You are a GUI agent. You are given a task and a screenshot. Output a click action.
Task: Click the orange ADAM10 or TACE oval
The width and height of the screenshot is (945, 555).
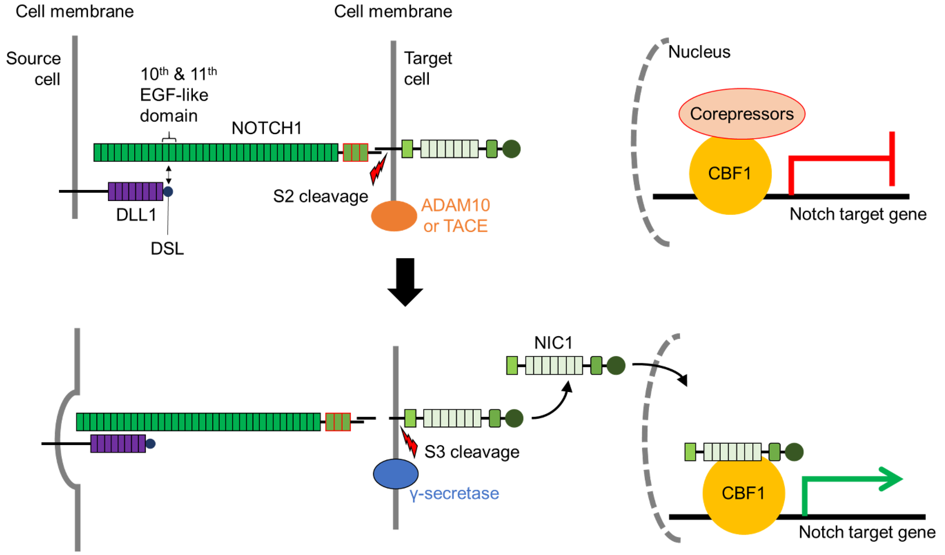point(394,216)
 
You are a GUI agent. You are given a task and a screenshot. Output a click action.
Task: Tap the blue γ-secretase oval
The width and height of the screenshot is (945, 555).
point(396,474)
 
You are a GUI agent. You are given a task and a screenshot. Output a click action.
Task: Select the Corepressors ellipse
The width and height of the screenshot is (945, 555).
point(741,114)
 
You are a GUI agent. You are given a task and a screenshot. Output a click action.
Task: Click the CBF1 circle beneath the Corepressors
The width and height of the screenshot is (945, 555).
point(730,174)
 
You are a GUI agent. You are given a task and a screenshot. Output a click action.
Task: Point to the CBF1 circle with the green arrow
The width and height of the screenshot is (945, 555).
point(743,494)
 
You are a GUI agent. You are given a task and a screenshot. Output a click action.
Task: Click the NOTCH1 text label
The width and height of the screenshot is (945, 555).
point(267,128)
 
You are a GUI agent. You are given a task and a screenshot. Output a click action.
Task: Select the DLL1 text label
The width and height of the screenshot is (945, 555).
point(136,215)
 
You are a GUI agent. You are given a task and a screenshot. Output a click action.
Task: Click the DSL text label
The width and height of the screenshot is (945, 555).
point(167,248)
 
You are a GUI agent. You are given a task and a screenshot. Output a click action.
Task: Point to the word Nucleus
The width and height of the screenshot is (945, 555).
point(699,52)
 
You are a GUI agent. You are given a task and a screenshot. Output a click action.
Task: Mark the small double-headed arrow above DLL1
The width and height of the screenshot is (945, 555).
point(168,175)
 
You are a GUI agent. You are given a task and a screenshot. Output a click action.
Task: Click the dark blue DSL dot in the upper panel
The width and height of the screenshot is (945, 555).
point(168,191)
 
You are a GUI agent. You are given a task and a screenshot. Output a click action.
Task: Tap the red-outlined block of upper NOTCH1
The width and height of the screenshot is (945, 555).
point(355,152)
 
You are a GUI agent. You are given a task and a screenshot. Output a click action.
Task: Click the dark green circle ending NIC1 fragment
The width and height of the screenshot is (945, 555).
point(616,365)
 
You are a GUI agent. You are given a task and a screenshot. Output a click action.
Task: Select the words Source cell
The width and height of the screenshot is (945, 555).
point(34,69)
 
